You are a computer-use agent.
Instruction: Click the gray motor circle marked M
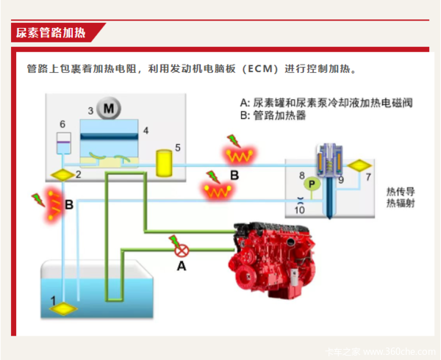pyautogui.click(x=109, y=108)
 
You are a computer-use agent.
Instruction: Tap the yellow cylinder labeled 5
pyautogui.click(x=164, y=163)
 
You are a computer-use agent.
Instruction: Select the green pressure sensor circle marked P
pyautogui.click(x=312, y=184)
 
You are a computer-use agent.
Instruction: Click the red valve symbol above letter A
pyautogui.click(x=182, y=250)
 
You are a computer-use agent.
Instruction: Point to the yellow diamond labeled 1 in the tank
pyautogui.click(x=63, y=309)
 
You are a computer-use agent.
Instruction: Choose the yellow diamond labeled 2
pyautogui.click(x=62, y=175)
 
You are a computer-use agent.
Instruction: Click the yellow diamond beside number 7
pyautogui.click(x=359, y=165)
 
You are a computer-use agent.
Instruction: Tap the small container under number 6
pyautogui.click(x=64, y=143)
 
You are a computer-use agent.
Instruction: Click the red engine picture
pyautogui.click(x=272, y=260)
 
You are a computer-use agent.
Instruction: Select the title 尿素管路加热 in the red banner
pyautogui.click(x=51, y=33)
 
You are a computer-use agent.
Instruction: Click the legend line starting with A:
pyautogui.click(x=326, y=103)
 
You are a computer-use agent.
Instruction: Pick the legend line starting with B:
pyautogui.click(x=273, y=115)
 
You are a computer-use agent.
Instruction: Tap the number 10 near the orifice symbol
pyautogui.click(x=300, y=210)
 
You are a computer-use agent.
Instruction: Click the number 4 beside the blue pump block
pyautogui.click(x=146, y=130)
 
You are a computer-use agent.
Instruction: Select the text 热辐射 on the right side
pyautogui.click(x=401, y=203)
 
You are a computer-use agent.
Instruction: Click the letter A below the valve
pyautogui.click(x=182, y=265)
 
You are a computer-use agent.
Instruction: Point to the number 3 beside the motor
pyautogui.click(x=90, y=111)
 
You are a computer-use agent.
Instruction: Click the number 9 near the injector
pyautogui.click(x=341, y=180)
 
